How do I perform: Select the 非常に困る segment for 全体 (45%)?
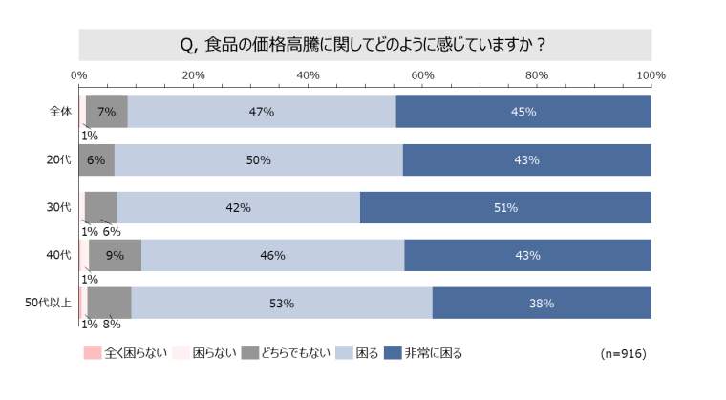pos(523,112)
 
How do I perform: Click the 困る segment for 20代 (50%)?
pos(258,159)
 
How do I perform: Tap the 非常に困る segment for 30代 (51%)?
pos(505,207)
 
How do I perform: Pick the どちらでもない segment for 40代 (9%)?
pos(115,255)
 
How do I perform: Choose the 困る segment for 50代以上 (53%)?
pos(281,304)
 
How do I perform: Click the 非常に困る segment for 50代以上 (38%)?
pos(542,304)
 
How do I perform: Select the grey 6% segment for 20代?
pos(96,159)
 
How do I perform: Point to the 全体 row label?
pos(60,112)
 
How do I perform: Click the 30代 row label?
pos(59,207)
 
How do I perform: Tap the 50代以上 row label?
pos(48,304)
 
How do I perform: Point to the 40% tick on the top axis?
pos(308,74)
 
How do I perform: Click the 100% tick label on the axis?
pos(651,74)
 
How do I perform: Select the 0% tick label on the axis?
pos(78,74)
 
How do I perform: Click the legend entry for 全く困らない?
pos(125,353)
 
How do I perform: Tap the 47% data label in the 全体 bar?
pos(262,112)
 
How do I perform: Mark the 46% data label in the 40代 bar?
pos(272,255)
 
